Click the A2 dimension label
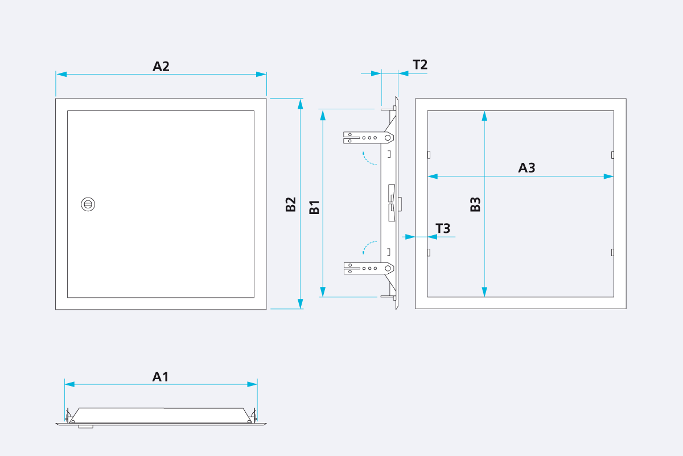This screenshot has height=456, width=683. pos(161,66)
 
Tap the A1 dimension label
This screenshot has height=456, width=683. pos(161,376)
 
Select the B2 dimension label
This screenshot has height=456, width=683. pos(291,204)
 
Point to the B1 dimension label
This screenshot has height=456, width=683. pos(314,207)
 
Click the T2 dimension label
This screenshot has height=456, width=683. pos(420,64)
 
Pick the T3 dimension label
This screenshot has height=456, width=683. pos(443,229)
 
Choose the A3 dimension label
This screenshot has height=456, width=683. pos(526,168)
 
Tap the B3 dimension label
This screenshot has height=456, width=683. pos(476,204)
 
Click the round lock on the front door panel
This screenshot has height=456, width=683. pos(88,204)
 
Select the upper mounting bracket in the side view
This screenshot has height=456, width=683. pos(368,137)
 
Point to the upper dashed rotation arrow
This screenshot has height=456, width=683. pos(369,158)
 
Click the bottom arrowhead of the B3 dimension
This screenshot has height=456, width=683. pos(484,291)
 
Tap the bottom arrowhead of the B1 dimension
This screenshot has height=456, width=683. pos(323,291)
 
